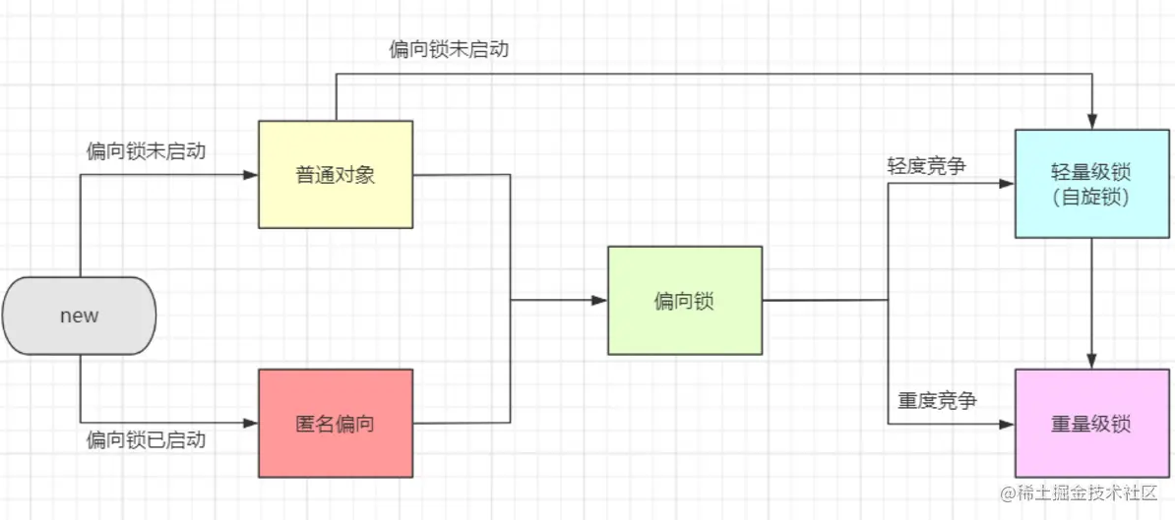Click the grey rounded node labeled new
(79, 316)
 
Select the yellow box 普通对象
(336, 175)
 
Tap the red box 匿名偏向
(336, 424)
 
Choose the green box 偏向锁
(684, 301)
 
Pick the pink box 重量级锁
(1091, 424)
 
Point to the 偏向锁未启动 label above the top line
(449, 49)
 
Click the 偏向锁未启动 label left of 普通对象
(146, 151)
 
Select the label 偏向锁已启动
(146, 439)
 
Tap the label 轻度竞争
(926, 165)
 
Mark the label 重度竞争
(936, 401)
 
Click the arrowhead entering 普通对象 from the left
(250, 175)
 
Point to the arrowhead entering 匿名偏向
(250, 424)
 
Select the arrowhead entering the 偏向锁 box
(599, 301)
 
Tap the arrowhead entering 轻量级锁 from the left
(1007, 183)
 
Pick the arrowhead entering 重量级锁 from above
(1091, 362)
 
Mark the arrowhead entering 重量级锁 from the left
(1007, 424)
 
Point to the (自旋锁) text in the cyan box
(1091, 197)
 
